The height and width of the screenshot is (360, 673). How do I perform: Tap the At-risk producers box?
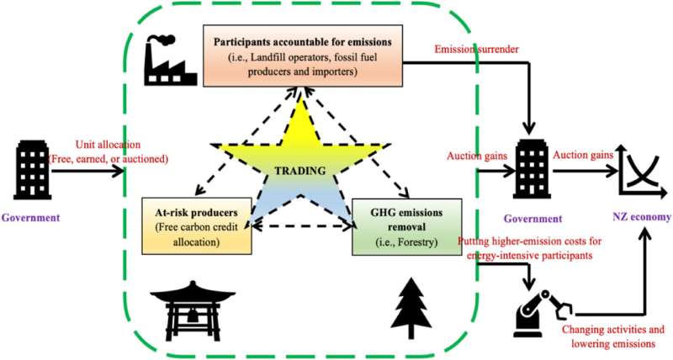198,225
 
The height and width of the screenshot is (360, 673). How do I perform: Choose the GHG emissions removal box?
407,225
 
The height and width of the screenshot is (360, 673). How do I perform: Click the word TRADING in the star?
301,170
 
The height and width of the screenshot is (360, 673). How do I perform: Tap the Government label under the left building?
30,218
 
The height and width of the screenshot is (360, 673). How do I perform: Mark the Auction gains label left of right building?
476,156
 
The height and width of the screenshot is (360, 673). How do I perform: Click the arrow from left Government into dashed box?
88,172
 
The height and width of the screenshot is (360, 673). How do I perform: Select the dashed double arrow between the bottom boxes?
301,225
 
